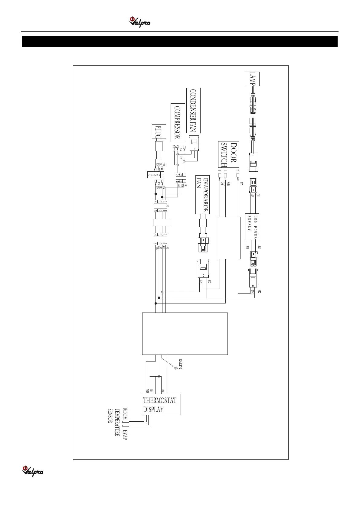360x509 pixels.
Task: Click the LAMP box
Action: coord(252,79)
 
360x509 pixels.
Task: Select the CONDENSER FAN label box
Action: coord(193,111)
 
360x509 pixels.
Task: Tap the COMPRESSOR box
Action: coord(178,123)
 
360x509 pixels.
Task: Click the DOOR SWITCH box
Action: coord(229,154)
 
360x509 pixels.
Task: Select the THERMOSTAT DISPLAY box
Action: coord(161,404)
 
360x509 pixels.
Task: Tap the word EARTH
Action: coord(181,364)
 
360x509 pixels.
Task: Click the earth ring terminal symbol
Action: coord(176,368)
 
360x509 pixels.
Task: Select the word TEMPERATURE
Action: coord(117,422)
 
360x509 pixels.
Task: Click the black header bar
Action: coord(180,41)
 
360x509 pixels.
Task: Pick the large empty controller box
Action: coord(185,333)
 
